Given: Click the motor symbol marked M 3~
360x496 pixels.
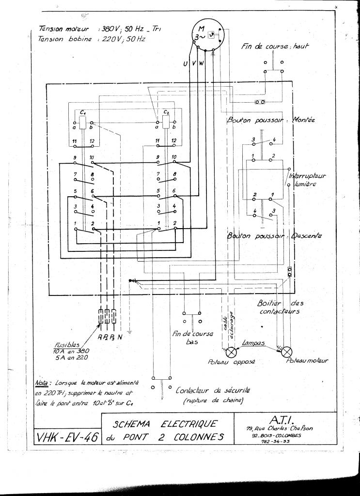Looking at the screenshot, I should tap(206, 34).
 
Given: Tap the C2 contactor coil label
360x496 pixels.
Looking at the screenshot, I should tap(166, 112).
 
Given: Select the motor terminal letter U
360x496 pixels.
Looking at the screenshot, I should tap(186, 64).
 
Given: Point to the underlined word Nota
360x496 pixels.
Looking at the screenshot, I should tap(44, 382).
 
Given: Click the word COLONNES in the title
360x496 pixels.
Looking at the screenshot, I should tap(199, 437).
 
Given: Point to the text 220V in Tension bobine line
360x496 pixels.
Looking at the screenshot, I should tap(113, 39).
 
